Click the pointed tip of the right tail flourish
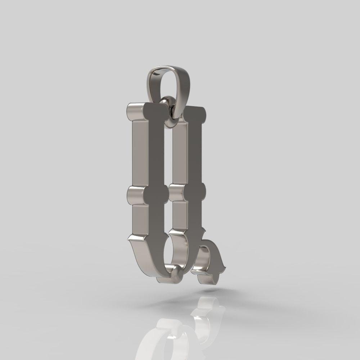[x=225, y=267]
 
